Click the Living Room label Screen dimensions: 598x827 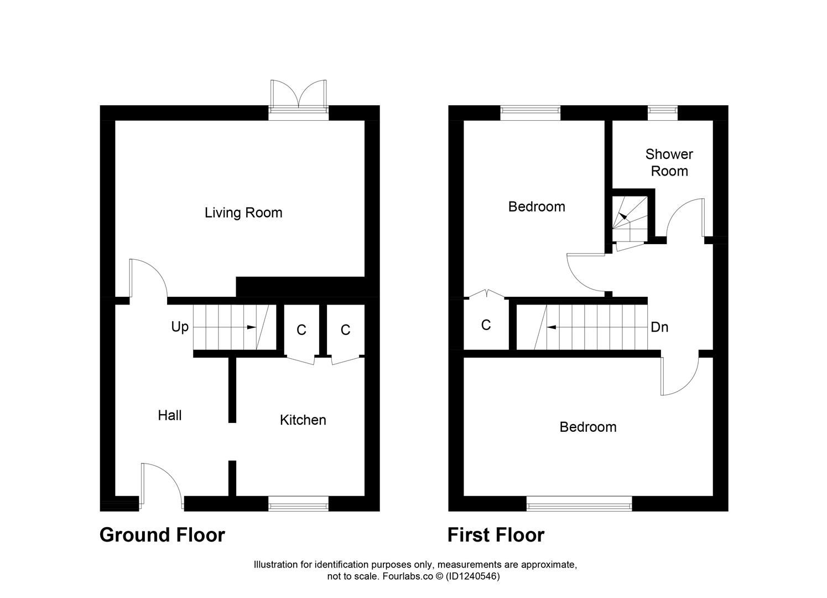tap(243, 213)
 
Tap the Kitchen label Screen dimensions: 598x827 tap(303, 420)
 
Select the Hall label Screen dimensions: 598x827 tap(169, 415)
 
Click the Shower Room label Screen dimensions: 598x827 tap(669, 162)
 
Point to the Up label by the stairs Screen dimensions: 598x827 tap(180, 327)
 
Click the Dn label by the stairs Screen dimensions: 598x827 tap(659, 327)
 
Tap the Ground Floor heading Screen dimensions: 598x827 tap(162, 535)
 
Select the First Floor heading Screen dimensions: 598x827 tap(496, 535)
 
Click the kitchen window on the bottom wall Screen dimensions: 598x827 tap(298, 503)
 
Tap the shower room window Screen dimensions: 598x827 tap(662, 112)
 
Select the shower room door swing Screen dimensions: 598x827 tap(686, 219)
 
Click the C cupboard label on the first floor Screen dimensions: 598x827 tap(486, 325)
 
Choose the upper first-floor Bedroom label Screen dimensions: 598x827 tap(537, 207)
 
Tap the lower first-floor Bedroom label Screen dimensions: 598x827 tap(587, 427)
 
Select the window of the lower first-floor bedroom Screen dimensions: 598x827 tap(579, 503)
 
